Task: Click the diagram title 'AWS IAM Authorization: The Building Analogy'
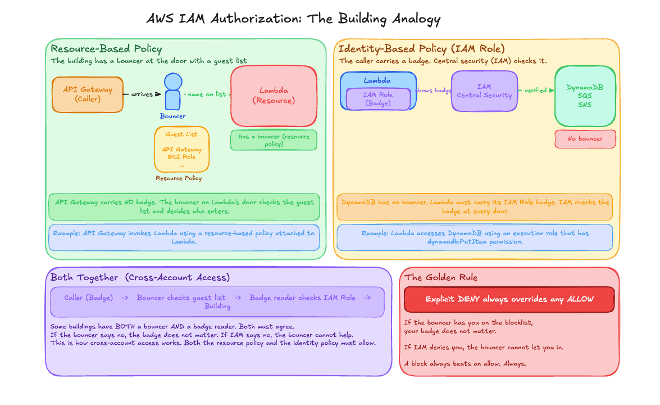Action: [293, 19]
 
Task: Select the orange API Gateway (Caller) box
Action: [88, 94]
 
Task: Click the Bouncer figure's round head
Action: [173, 82]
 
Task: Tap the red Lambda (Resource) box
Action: [274, 96]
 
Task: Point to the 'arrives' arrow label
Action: [142, 94]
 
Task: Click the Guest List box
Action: [181, 149]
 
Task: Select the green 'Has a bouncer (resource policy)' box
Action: [274, 140]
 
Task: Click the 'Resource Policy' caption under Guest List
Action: [179, 178]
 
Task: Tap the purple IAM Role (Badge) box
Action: [378, 99]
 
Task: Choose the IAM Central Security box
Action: [484, 91]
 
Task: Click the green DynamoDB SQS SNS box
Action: [585, 96]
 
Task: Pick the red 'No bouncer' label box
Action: [585, 139]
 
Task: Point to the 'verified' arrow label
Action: [535, 91]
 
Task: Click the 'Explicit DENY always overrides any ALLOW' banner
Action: [509, 299]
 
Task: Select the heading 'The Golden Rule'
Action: [441, 277]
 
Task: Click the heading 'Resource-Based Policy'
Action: [106, 49]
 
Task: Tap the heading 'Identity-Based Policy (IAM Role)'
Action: [422, 49]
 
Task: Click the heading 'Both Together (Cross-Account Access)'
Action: [140, 277]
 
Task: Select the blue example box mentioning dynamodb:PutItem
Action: [475, 237]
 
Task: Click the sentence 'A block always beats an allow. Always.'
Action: [465, 364]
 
